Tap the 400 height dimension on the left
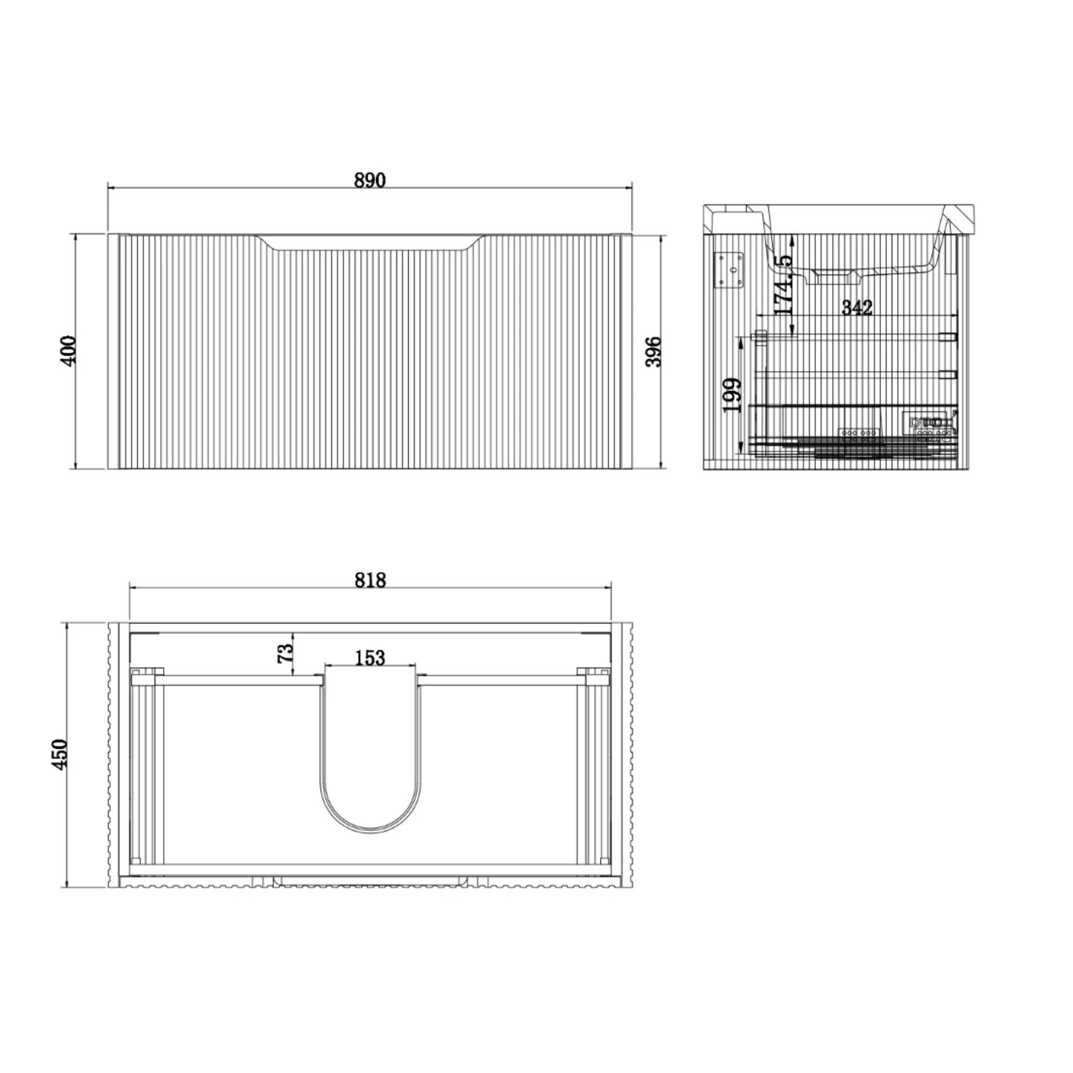[x=68, y=351]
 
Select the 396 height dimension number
[x=654, y=351]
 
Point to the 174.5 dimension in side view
[x=783, y=286]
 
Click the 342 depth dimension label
[x=857, y=307]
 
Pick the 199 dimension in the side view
[x=732, y=396]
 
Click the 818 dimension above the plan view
[x=370, y=580]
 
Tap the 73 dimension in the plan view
[x=284, y=653]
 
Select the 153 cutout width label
[x=370, y=658]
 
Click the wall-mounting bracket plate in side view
[x=729, y=271]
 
